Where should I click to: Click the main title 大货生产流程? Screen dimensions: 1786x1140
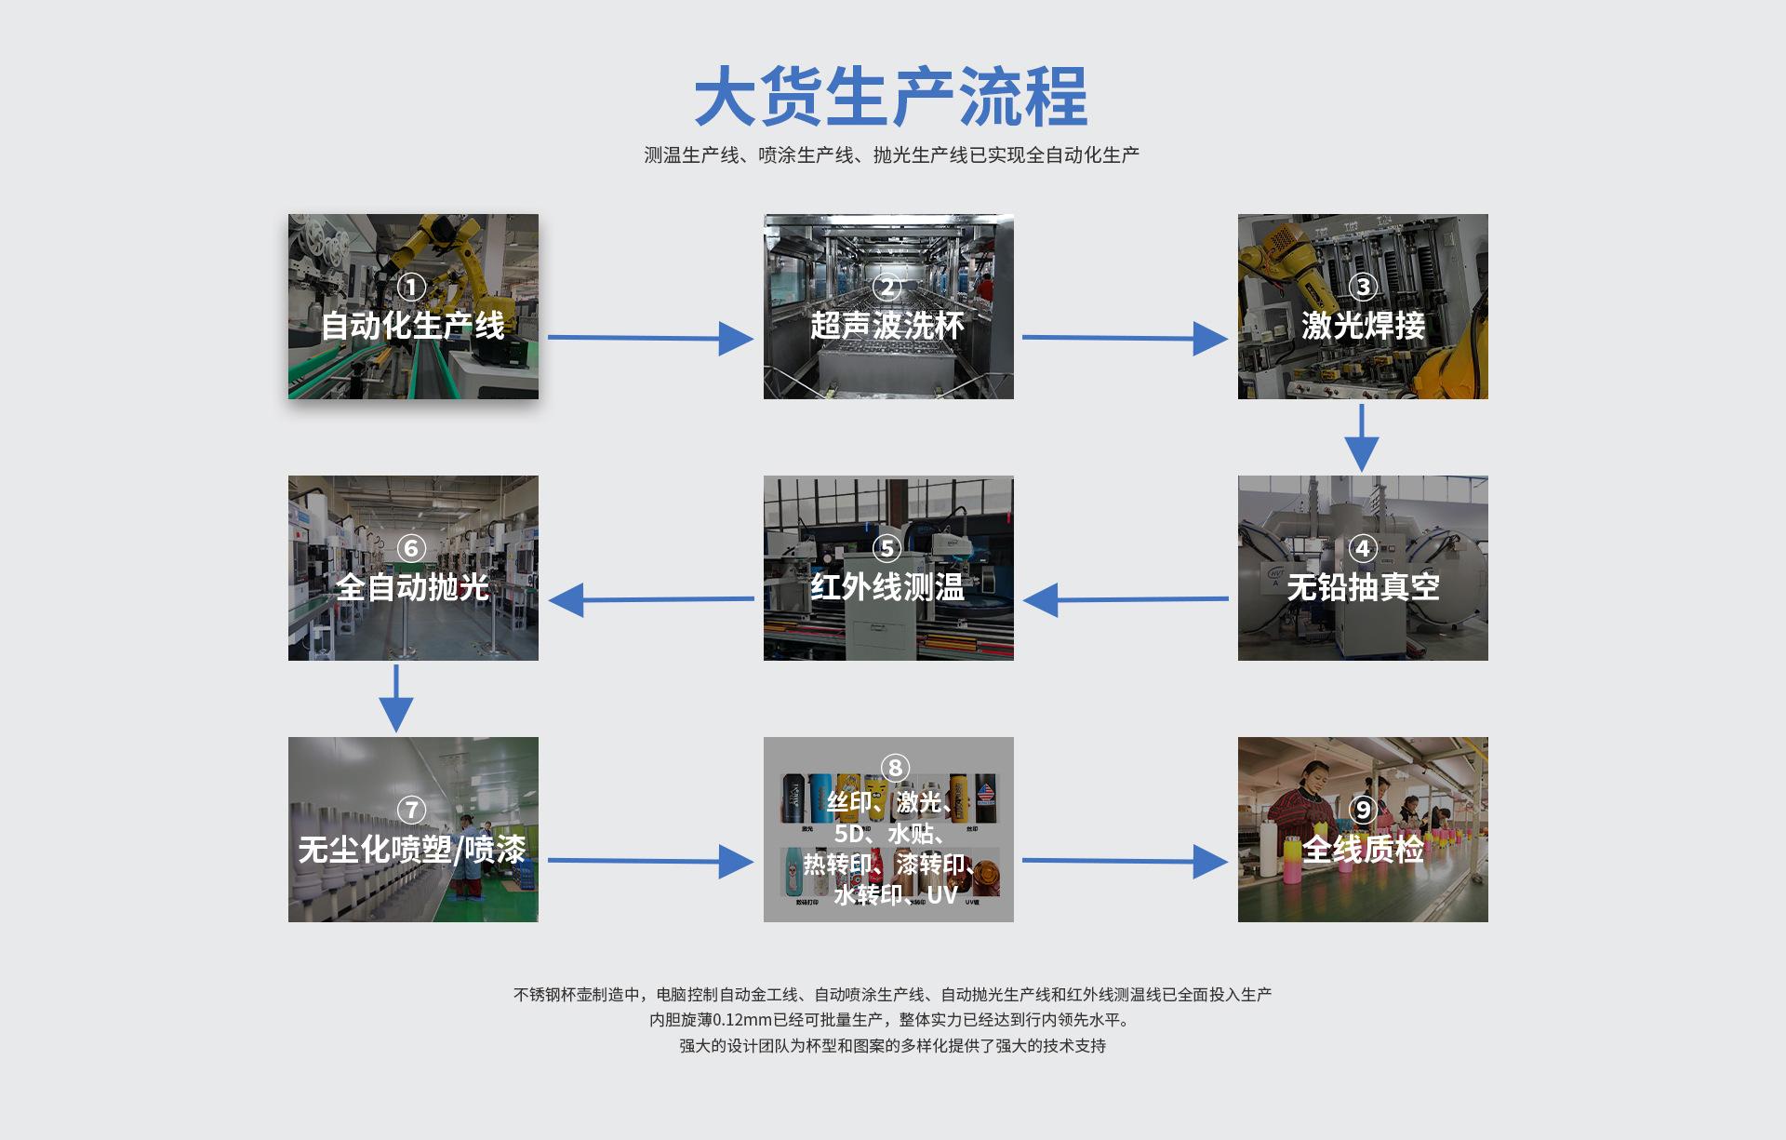(891, 96)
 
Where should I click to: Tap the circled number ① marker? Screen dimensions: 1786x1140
(411, 287)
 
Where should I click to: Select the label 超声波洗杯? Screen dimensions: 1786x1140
(887, 326)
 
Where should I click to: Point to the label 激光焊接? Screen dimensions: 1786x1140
(1363, 326)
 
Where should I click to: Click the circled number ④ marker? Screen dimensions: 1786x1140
(1363, 548)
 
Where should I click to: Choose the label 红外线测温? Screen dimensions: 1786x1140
(887, 587)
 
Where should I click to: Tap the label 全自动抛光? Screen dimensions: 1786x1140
(412, 587)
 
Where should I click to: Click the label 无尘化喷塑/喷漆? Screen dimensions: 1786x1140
(412, 849)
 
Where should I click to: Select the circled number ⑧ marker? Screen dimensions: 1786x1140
(895, 768)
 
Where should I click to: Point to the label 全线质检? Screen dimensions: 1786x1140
(1363, 849)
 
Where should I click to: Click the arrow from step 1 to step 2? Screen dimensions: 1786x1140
(650, 338)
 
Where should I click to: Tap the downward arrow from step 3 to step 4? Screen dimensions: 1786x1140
(1362, 437)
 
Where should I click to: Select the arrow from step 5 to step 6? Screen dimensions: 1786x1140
(651, 599)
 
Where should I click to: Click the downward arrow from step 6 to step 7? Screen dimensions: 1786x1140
(396, 698)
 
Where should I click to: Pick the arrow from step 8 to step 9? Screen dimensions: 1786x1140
(1125, 861)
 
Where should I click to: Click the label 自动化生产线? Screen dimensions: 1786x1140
(412, 326)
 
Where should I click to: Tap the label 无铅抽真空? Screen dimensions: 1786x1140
(1363, 587)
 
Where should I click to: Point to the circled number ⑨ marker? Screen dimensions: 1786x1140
(1363, 810)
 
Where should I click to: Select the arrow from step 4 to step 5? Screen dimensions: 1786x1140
(1126, 599)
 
